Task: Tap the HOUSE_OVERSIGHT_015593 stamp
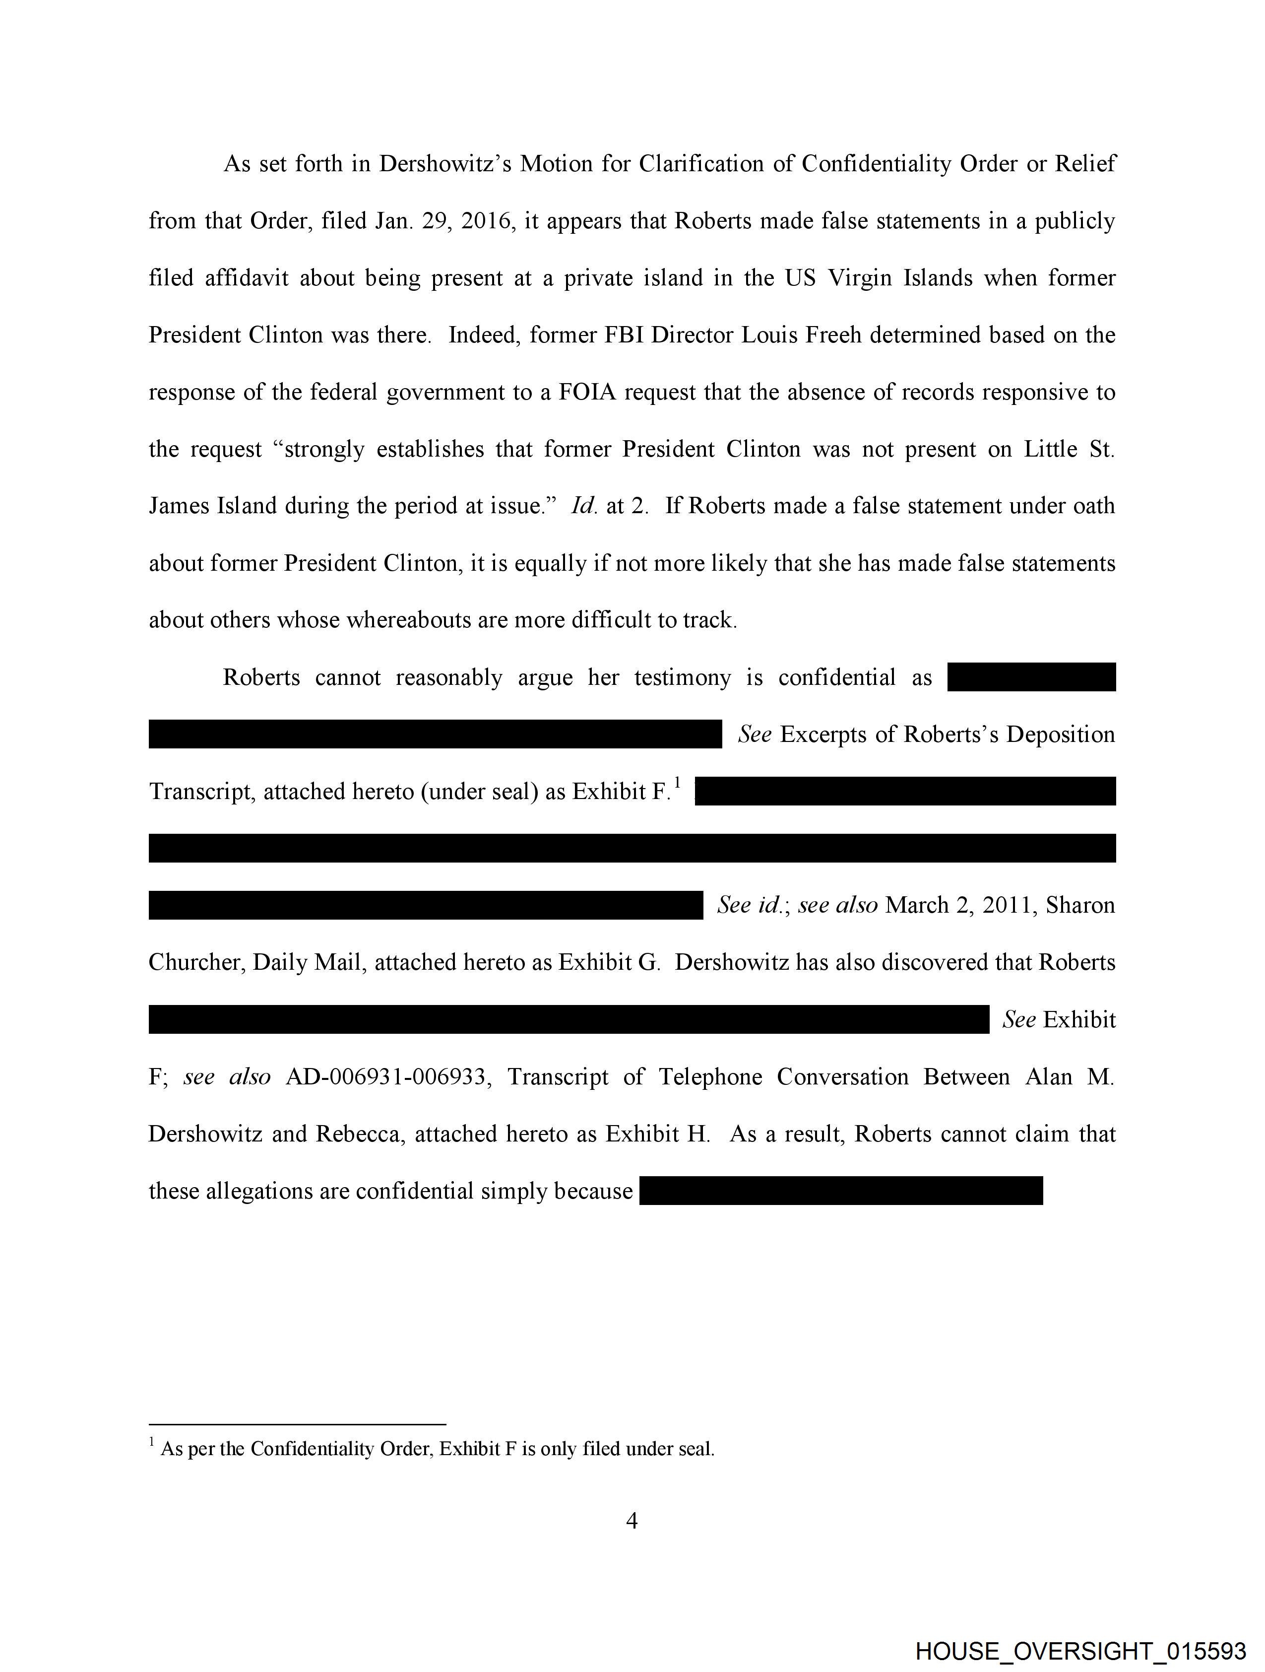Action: coord(1080,1651)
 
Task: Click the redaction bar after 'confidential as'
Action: coord(1031,677)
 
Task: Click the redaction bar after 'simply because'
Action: coord(840,1191)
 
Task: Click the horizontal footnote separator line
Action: coord(297,1424)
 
